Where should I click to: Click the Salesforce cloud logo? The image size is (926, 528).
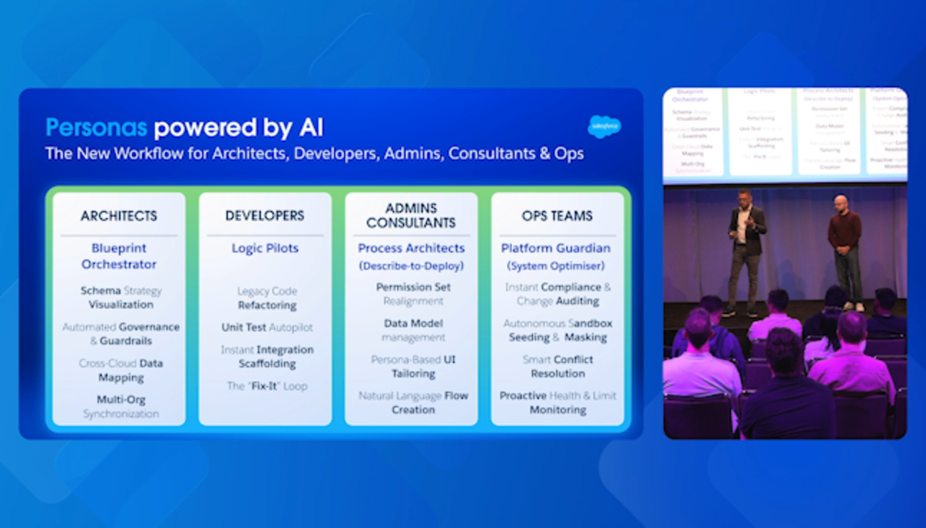coord(604,126)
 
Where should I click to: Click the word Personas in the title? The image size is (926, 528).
coord(97,127)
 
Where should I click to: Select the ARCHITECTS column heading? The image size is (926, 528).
coord(118,216)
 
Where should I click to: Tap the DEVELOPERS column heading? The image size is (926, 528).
coord(265,216)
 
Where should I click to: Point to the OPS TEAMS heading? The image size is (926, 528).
coord(557,216)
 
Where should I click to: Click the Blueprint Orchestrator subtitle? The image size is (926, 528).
coord(119,257)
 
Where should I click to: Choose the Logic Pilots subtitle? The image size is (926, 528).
coord(265,248)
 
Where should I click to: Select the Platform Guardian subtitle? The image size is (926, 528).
coord(557,248)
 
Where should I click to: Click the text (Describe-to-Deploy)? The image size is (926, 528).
coord(411,266)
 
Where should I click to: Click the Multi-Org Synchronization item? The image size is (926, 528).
coord(121,407)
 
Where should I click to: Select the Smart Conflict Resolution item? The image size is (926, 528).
coord(558,367)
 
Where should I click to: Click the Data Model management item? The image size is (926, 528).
coord(413,330)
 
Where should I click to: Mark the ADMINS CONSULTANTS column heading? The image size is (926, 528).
coord(411,215)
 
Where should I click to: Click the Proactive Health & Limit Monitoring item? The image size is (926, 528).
coord(558,403)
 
